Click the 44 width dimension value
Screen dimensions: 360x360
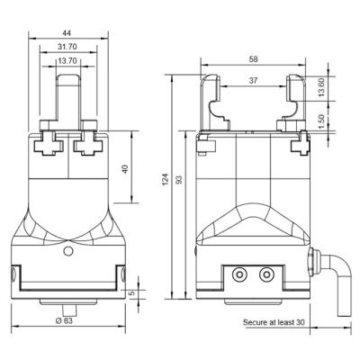tap(67, 33)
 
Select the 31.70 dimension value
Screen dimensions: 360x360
tap(67, 47)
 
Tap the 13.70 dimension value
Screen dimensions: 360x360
tap(67, 61)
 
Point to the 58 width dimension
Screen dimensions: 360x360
tap(254, 59)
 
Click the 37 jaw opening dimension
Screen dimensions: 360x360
tap(254, 81)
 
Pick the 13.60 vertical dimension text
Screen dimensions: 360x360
tap(321, 88)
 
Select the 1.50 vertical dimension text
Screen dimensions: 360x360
tap(321, 121)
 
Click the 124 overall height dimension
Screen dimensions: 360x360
tap(166, 179)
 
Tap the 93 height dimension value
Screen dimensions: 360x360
tap(179, 179)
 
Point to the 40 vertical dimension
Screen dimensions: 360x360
tap(125, 169)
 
